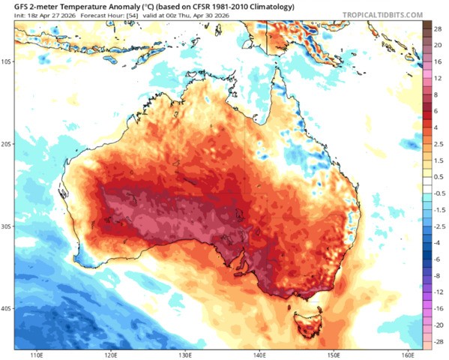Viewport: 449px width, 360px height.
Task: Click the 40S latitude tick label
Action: (7, 308)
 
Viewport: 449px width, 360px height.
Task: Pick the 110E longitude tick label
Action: (34, 355)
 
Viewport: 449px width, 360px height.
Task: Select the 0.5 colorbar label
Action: (437, 176)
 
